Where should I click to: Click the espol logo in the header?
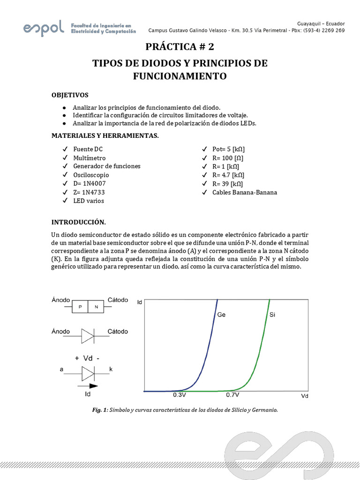tap(43, 29)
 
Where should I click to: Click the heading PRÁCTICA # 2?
tap(180, 47)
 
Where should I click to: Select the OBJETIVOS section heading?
tap(70, 95)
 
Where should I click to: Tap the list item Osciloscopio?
tap(91, 175)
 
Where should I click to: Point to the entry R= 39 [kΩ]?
tap(227, 184)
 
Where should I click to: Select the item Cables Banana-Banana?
tap(244, 192)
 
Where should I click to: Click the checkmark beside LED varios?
tap(64, 201)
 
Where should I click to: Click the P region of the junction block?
tap(80, 307)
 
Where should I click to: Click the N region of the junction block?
tap(96, 307)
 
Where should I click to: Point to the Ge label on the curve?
tap(221, 315)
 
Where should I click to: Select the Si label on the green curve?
tap(272, 315)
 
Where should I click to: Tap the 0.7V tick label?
tap(232, 396)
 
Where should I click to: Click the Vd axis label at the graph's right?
tap(305, 396)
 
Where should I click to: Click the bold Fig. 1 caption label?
tap(99, 410)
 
